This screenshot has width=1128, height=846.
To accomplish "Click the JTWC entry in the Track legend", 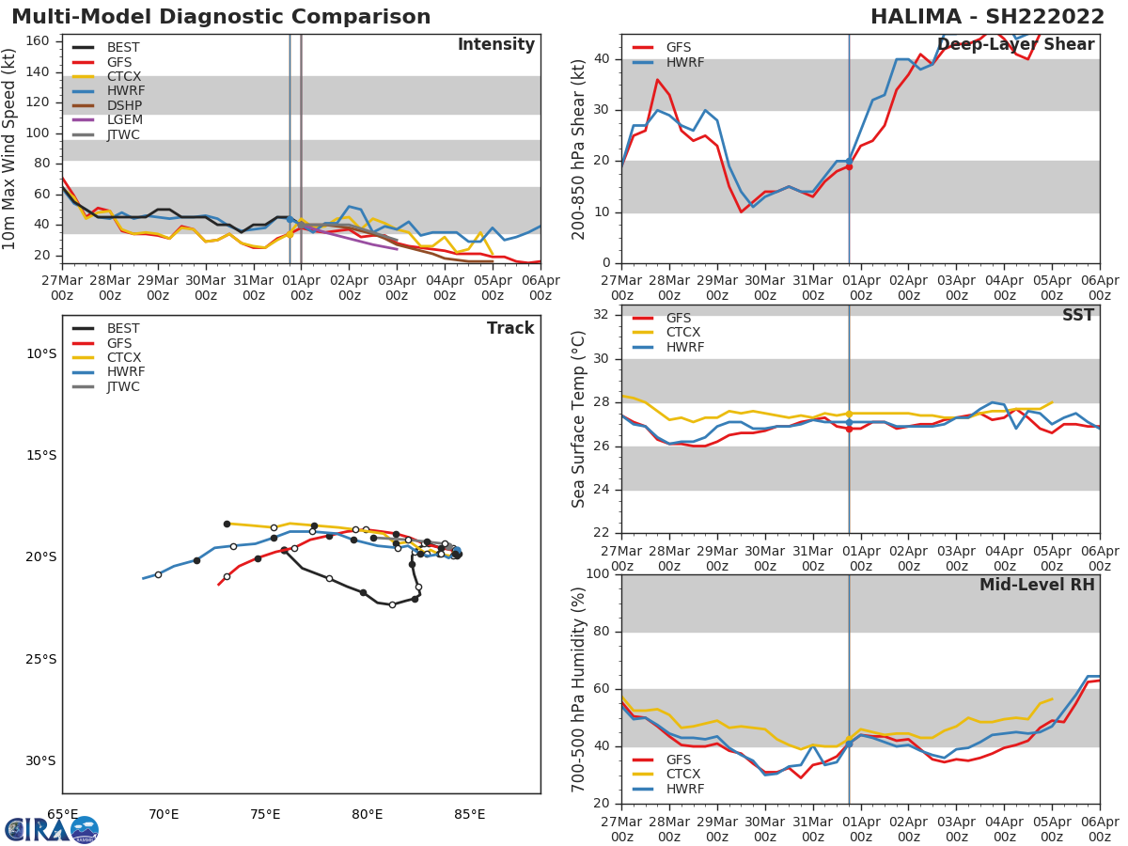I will click(x=123, y=386).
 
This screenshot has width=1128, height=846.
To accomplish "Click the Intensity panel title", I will click(x=495, y=45).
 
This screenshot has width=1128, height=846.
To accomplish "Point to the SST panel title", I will click(x=1078, y=316).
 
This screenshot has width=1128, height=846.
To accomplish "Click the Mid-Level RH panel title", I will click(x=1037, y=586).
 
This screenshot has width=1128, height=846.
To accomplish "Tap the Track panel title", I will click(x=510, y=329).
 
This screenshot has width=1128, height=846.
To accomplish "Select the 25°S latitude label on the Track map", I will click(x=40, y=659).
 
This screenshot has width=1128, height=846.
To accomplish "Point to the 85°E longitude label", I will click(x=469, y=813).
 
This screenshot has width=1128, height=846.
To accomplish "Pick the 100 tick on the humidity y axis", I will click(x=595, y=574).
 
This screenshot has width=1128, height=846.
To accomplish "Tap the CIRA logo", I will click(x=52, y=829).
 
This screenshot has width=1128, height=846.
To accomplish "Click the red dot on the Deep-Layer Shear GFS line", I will click(x=849, y=166).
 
